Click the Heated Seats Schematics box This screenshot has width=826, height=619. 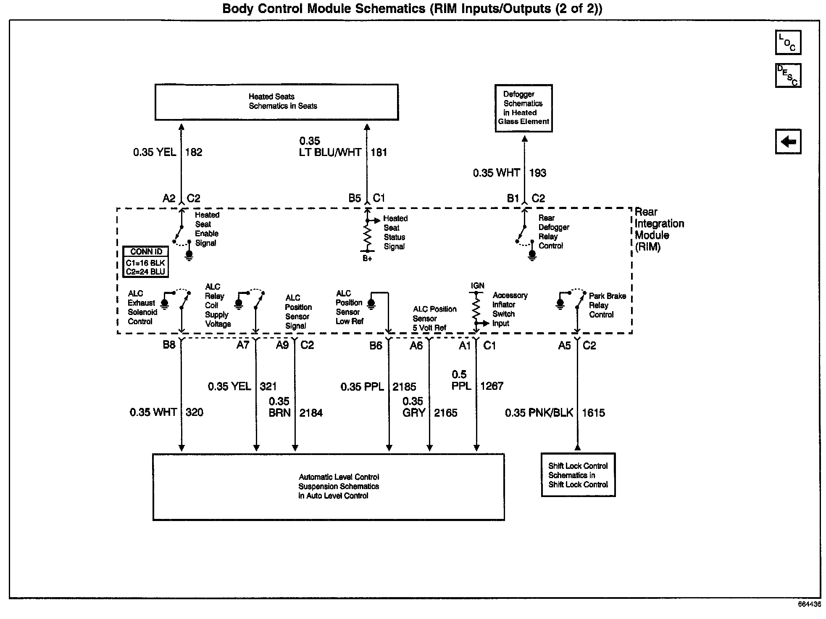[x=276, y=102]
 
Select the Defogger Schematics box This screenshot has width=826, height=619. [x=523, y=108]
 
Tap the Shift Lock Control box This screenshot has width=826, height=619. [x=578, y=475]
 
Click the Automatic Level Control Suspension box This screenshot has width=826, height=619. [x=329, y=487]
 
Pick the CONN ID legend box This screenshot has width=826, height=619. [x=146, y=262]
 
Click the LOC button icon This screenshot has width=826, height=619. [x=788, y=42]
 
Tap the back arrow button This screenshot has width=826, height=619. [x=788, y=142]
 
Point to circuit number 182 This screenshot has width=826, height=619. [x=194, y=152]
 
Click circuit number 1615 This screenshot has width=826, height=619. [x=593, y=413]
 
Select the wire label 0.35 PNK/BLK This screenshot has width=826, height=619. [x=539, y=413]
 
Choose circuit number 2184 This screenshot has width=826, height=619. [x=311, y=413]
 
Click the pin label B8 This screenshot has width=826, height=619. [x=169, y=345]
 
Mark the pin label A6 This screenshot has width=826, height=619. [x=416, y=346]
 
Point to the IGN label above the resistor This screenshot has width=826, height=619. [x=478, y=286]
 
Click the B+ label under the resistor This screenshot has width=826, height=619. [x=368, y=259]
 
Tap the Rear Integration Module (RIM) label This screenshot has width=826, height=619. [x=659, y=230]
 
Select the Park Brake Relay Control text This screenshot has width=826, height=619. [x=607, y=305]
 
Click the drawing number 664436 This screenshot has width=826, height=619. [x=809, y=604]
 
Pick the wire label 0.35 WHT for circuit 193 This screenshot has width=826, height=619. [x=496, y=173]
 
